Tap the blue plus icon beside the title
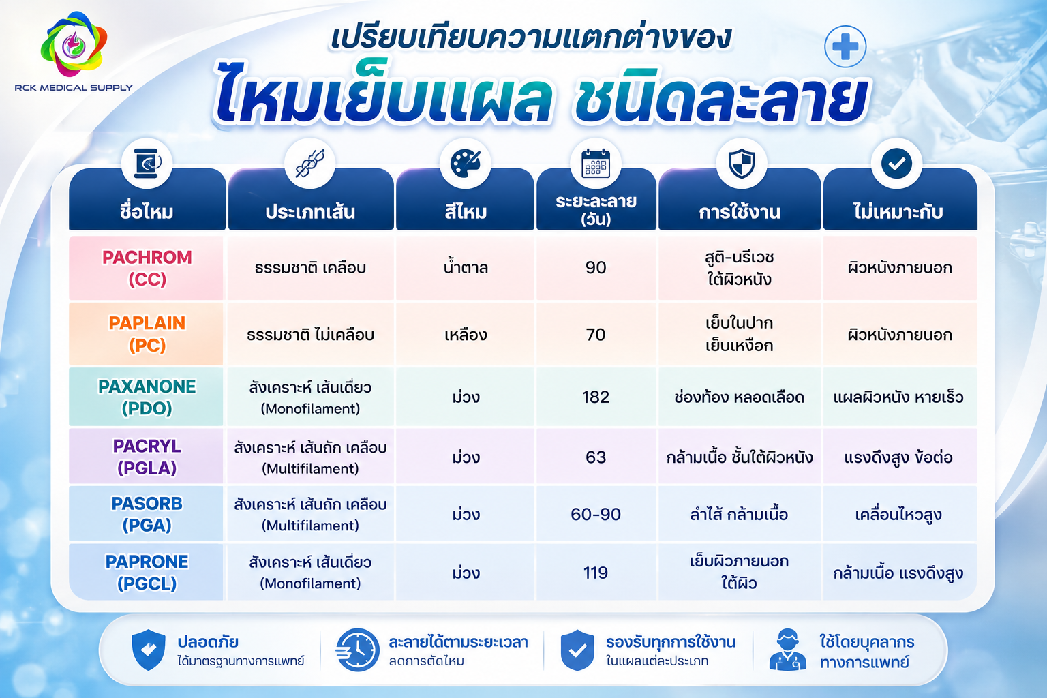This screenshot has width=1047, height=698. (845, 47)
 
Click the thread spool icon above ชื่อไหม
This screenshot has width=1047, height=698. (147, 163)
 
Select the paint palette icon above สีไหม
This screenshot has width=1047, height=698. (465, 163)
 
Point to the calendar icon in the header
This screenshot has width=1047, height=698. (596, 163)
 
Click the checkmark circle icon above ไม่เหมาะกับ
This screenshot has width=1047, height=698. (896, 164)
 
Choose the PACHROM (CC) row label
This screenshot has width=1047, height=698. (147, 268)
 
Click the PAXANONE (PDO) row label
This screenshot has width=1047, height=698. (147, 397)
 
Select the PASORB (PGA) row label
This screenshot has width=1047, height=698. (147, 514)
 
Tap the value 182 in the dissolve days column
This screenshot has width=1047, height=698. (596, 397)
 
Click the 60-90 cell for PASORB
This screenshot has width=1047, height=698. (596, 514)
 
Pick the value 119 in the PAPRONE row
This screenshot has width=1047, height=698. (596, 573)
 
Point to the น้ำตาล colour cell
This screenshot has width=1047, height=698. (466, 267)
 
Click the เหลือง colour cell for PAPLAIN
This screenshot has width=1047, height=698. (466, 335)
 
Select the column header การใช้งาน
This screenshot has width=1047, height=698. (740, 212)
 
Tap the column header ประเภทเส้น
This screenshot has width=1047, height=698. (310, 212)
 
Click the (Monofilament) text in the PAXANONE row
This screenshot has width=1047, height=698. (310, 408)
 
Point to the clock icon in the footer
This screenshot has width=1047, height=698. (358, 650)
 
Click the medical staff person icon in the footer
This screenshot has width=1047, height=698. (787, 650)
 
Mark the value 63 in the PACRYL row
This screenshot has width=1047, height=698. (596, 457)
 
